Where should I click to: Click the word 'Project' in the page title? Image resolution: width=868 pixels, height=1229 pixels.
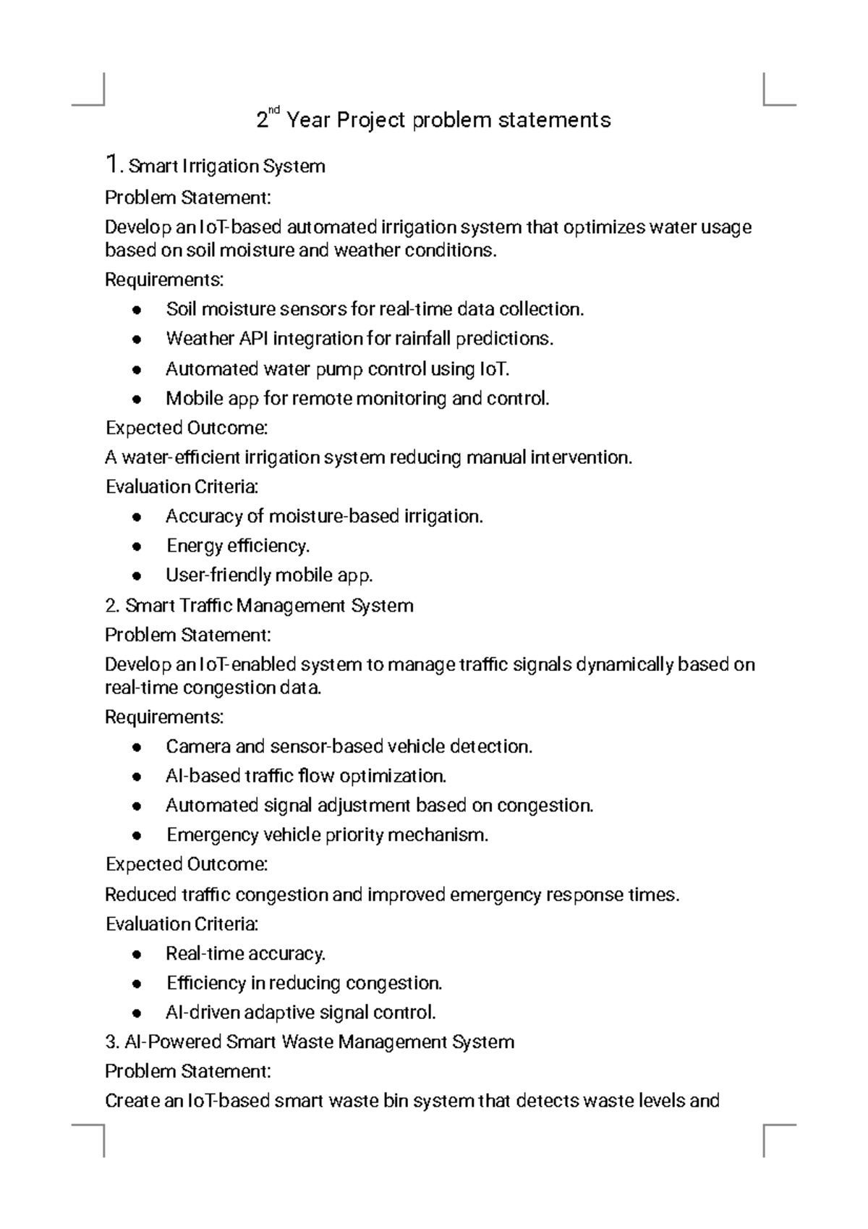pyautogui.click(x=371, y=120)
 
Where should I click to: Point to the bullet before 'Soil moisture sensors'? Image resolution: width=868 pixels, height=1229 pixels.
pyautogui.click(x=137, y=310)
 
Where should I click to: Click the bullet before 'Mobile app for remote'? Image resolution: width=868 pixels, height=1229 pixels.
pyautogui.click(x=137, y=399)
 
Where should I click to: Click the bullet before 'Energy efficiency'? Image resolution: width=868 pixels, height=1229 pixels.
pyautogui.click(x=137, y=546)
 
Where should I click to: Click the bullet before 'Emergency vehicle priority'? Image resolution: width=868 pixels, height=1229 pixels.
pyautogui.click(x=137, y=835)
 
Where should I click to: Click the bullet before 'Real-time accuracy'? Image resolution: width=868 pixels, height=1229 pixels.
pyautogui.click(x=137, y=954)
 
